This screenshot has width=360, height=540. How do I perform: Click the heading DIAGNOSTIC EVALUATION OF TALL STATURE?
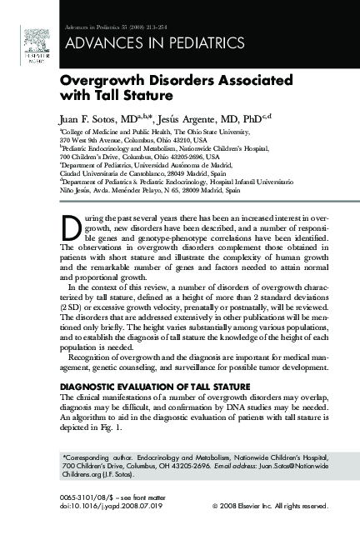click(x=154, y=387)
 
